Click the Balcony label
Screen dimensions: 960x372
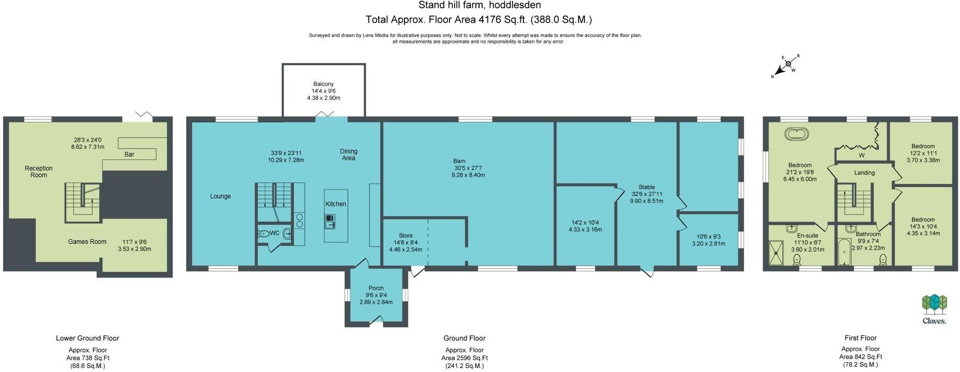tap(323, 84)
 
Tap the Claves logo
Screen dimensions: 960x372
tap(935, 309)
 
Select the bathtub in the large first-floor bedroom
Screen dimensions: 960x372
tap(797, 134)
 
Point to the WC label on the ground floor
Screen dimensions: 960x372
tap(274, 233)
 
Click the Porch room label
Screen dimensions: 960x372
tap(376, 288)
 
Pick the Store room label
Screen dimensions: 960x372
tap(406, 236)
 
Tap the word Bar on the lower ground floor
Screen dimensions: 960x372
tap(129, 154)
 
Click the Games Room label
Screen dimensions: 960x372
tap(87, 241)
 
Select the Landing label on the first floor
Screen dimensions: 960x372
tap(864, 173)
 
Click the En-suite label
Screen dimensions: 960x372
tap(808, 236)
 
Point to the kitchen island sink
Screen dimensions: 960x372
tap(330, 222)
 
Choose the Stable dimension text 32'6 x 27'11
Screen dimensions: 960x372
tap(646, 194)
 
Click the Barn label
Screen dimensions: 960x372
tap(460, 161)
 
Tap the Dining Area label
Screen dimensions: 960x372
tap(349, 154)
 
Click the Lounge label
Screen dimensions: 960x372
tap(221, 196)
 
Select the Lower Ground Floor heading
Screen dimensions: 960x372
tap(88, 338)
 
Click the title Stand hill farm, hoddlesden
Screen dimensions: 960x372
tap(480, 6)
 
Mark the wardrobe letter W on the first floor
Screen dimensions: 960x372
tap(861, 155)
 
